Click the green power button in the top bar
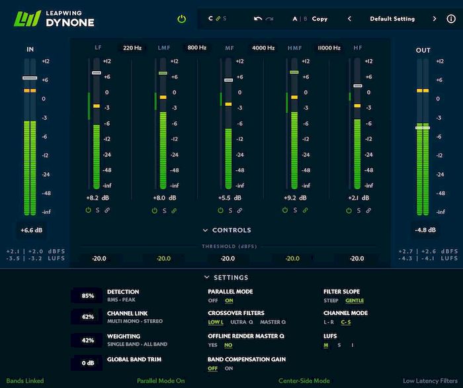tap(181, 19)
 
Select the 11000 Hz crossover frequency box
tap(328, 48)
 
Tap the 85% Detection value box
tap(87, 296)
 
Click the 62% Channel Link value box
tap(87, 317)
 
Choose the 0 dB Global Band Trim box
tap(87, 363)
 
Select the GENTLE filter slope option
tap(355, 301)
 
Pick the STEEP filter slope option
tap(331, 301)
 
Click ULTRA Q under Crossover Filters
tap(242, 322)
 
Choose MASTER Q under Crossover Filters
tap(273, 322)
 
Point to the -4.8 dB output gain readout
tap(425, 230)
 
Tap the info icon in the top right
tap(451, 19)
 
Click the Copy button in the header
tap(319, 19)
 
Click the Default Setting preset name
tap(392, 19)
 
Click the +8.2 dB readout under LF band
tap(97, 197)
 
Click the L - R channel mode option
tap(329, 322)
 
